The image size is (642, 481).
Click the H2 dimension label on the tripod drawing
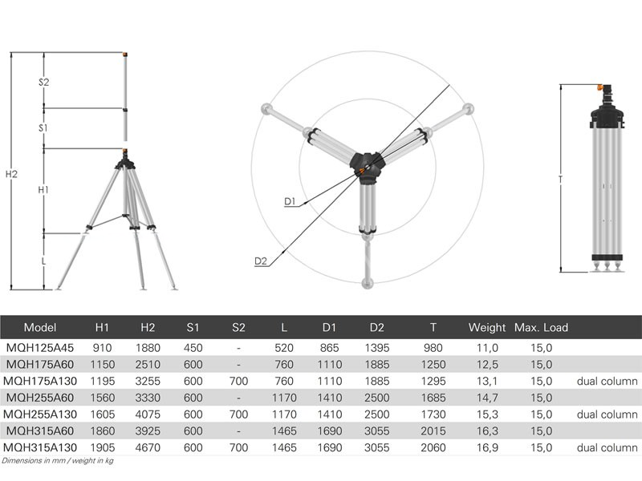click(x=11, y=174)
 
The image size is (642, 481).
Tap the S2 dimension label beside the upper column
click(x=44, y=83)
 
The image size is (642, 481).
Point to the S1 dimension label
click(x=43, y=128)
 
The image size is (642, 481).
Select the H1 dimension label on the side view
click(x=43, y=190)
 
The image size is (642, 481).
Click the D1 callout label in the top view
click(x=290, y=201)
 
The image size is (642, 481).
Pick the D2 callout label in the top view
click(x=261, y=261)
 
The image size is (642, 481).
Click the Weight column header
click(x=487, y=328)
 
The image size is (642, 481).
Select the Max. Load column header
click(x=541, y=328)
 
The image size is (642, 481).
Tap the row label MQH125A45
click(x=39, y=348)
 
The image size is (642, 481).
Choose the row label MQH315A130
click(x=40, y=448)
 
